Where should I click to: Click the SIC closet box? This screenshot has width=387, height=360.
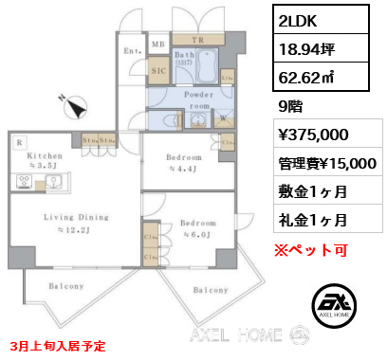[x=158, y=68]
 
